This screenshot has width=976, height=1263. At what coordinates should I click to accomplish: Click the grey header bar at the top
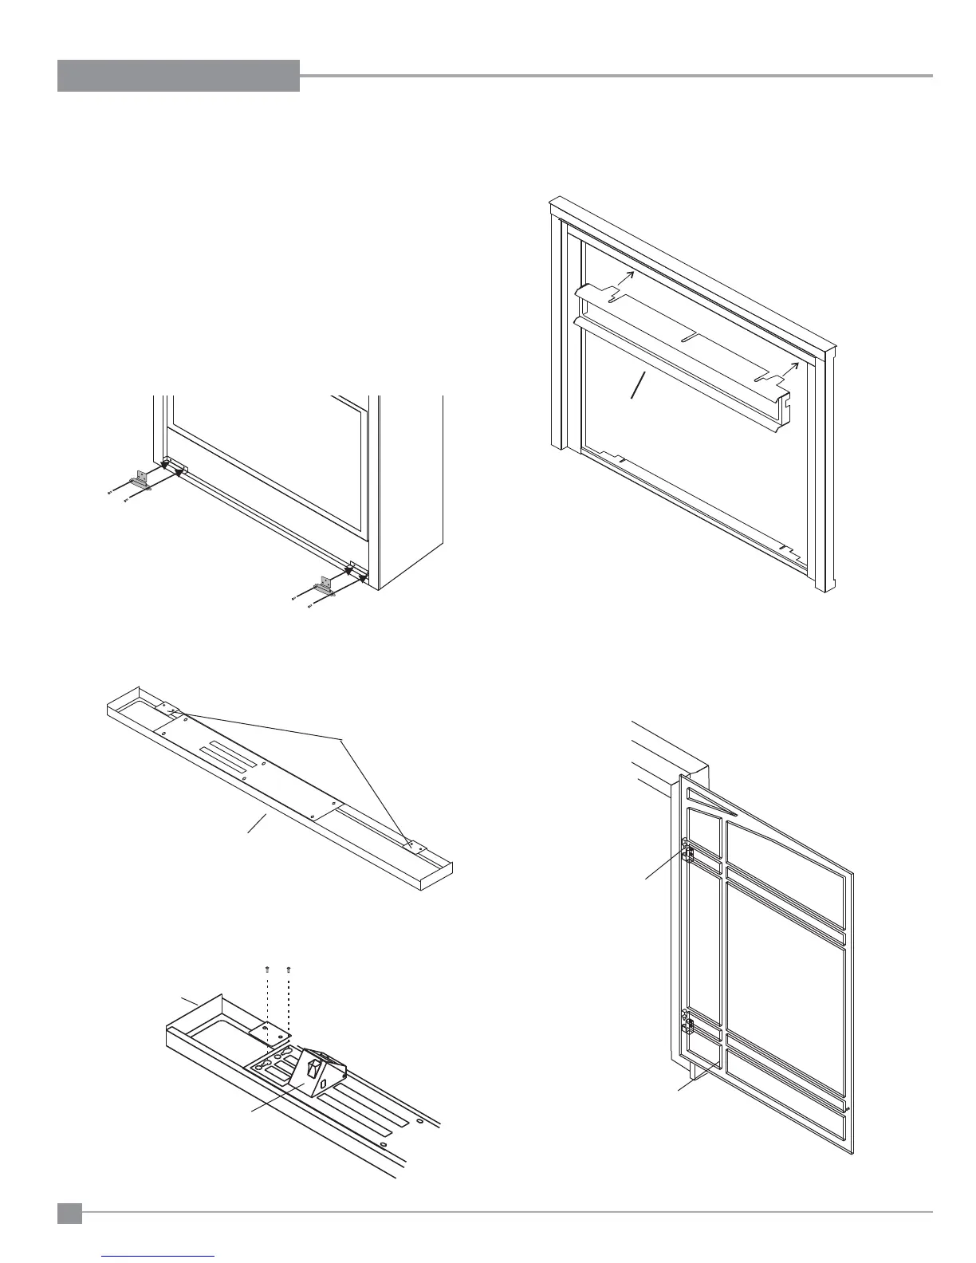point(178,76)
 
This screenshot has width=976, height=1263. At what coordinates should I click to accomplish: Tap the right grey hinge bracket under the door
point(325,584)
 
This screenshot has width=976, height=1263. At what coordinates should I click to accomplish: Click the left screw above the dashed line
point(267,969)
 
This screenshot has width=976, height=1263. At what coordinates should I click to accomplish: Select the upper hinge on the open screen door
point(686,852)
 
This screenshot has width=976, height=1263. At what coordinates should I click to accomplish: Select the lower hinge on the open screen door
point(686,1023)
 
